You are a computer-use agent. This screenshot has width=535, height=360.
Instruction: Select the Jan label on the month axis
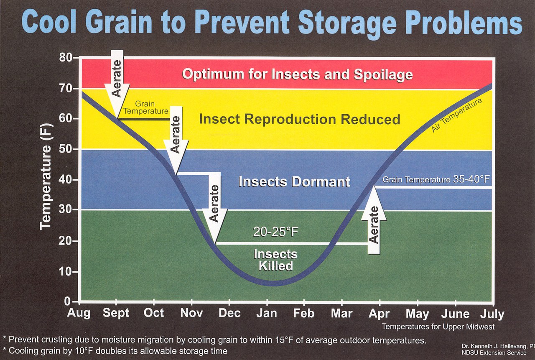(x=266, y=314)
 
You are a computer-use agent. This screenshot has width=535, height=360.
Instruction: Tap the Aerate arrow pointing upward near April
(x=374, y=222)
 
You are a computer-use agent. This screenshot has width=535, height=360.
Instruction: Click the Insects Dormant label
(x=294, y=182)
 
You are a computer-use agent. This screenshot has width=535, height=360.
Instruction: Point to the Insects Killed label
(x=275, y=260)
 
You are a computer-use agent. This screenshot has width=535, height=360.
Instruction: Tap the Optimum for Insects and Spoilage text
(x=297, y=74)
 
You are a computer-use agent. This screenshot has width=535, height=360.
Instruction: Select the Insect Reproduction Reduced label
(x=299, y=119)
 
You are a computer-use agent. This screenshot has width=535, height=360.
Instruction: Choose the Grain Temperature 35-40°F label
(x=436, y=180)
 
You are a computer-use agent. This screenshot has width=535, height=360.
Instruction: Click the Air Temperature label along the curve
(x=456, y=116)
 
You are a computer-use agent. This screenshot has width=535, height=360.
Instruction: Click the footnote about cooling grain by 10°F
(x=115, y=351)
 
